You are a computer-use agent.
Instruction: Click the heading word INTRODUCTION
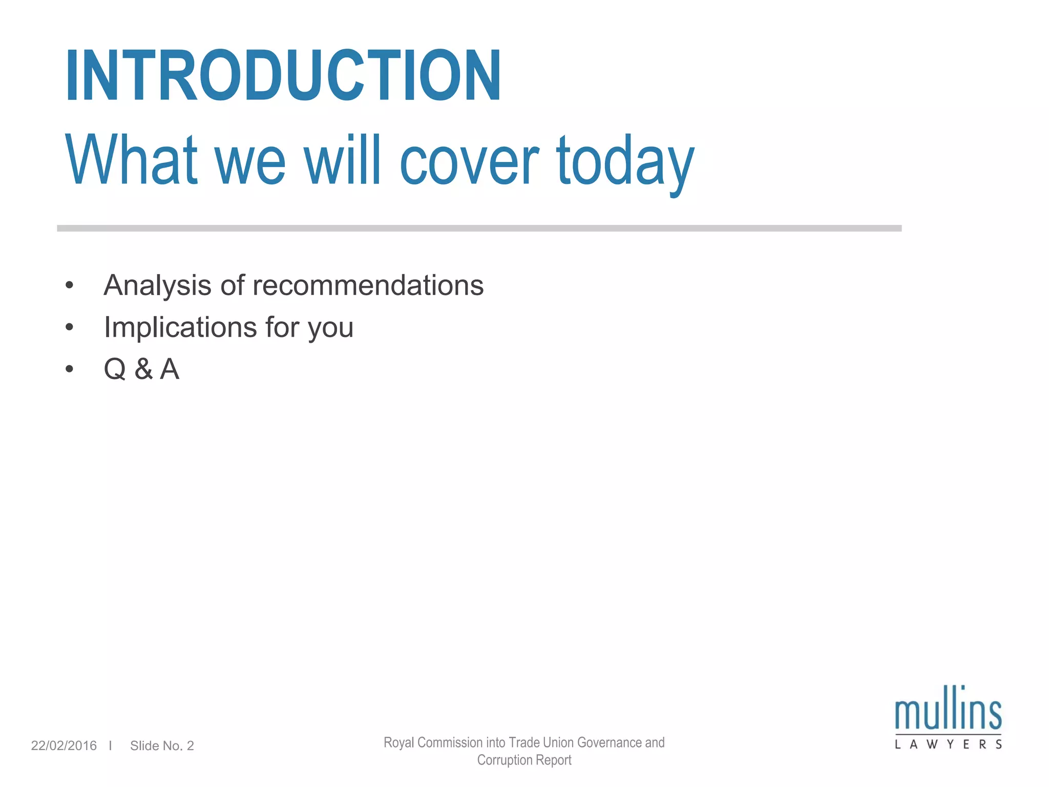[283, 76]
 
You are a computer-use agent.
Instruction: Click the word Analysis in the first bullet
[157, 285]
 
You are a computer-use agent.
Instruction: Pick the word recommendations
[352, 285]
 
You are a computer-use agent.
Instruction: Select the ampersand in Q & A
[143, 369]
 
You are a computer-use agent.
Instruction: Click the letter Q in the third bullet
[115, 369]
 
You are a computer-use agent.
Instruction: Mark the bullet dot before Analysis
[70, 285]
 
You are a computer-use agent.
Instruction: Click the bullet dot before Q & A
[70, 369]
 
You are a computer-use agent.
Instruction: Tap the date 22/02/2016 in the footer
[64, 745]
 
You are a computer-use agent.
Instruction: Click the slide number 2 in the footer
[190, 745]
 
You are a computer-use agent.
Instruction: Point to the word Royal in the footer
[398, 742]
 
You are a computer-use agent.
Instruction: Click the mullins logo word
[948, 710]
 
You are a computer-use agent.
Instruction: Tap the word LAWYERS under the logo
[948, 744]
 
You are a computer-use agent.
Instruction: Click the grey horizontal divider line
[479, 228]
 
